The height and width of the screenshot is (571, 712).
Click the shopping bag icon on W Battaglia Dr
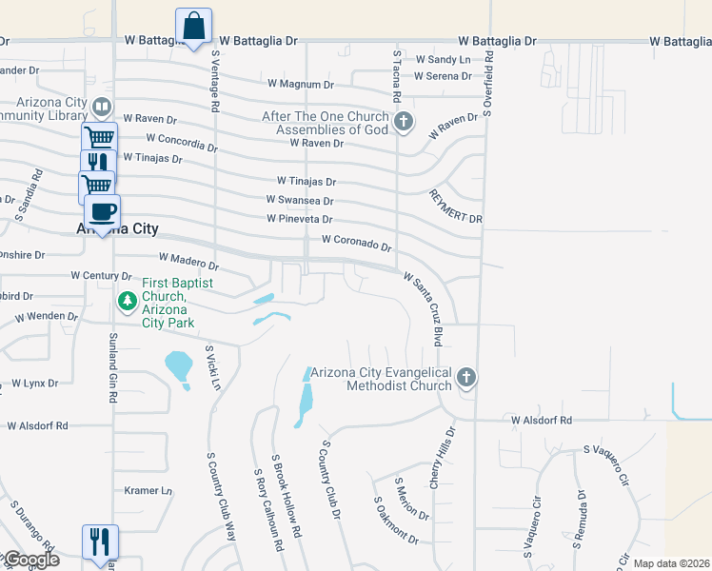click(x=193, y=26)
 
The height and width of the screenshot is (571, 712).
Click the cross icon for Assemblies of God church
click(x=404, y=121)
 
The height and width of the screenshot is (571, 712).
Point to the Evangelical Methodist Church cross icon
click(x=465, y=379)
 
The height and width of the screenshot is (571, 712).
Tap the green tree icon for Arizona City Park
click(x=127, y=301)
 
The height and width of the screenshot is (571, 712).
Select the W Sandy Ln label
click(x=444, y=60)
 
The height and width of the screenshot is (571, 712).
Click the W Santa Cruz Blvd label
click(x=425, y=295)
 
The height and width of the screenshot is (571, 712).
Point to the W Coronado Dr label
click(x=357, y=244)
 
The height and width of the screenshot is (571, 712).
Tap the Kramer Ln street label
click(x=148, y=491)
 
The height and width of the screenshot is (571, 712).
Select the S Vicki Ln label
click(x=215, y=368)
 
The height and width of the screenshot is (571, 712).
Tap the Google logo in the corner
click(x=30, y=561)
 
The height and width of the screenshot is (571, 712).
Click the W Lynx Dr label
click(x=34, y=384)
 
